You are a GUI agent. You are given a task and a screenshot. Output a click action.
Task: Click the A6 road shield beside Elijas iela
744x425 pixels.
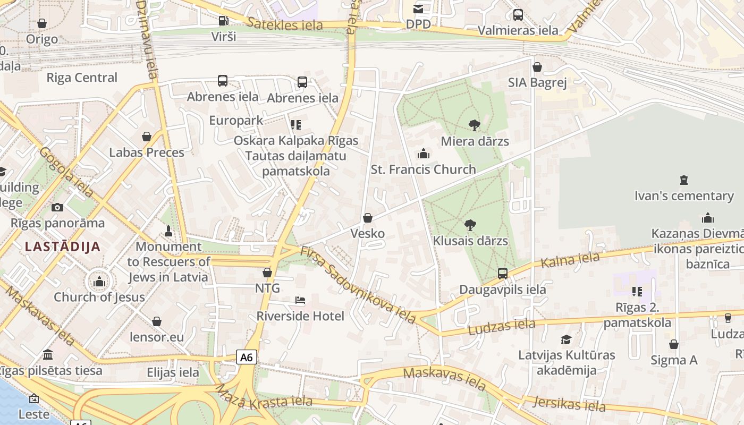pos(247,357)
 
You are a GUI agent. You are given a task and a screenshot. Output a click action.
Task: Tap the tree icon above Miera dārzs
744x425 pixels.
pos(475,125)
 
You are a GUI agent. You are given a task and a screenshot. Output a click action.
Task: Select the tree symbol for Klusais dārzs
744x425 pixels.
pos(470,225)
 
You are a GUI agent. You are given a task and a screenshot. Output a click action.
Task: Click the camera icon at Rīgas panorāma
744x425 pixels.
pos(57,207)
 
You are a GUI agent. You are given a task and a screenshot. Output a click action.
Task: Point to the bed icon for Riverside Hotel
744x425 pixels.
pos(300,301)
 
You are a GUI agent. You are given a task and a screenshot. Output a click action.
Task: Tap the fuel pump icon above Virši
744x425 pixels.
pos(224,21)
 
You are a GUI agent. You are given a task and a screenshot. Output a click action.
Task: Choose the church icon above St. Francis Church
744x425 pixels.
pos(424,154)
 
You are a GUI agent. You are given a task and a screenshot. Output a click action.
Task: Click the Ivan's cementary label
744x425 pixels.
pos(683,196)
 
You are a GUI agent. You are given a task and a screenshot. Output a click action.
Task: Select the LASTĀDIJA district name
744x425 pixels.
pos(63,246)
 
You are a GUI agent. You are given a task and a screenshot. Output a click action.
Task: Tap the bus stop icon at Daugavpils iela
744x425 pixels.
pos(503,274)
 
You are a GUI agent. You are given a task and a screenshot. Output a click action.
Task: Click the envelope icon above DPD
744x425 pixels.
pos(418,8)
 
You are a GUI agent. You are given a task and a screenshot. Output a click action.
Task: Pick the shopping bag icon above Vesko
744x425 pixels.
pos(367,218)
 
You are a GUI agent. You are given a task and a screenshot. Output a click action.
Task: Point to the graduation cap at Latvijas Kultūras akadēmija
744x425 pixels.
pos(567,339)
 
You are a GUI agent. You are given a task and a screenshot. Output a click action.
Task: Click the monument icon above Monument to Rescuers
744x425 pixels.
pos(168,231)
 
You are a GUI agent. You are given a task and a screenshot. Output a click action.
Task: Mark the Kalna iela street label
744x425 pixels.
pos(570,260)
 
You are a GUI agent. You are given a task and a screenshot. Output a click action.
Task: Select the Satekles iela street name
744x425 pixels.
pos(285,24)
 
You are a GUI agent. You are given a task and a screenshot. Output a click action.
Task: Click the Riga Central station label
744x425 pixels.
pos(82,78)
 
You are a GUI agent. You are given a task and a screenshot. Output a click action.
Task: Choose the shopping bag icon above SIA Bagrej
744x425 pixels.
pos(537,67)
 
